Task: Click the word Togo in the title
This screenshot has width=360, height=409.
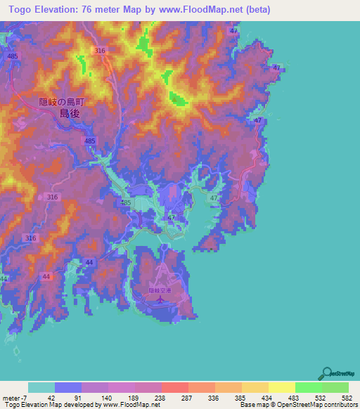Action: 21,10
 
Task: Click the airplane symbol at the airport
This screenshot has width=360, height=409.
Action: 160,300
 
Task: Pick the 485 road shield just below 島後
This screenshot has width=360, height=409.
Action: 90,141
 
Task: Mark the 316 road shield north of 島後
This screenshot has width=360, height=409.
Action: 100,51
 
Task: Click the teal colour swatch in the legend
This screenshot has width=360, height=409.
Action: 41,388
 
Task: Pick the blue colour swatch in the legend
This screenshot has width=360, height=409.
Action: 67,388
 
